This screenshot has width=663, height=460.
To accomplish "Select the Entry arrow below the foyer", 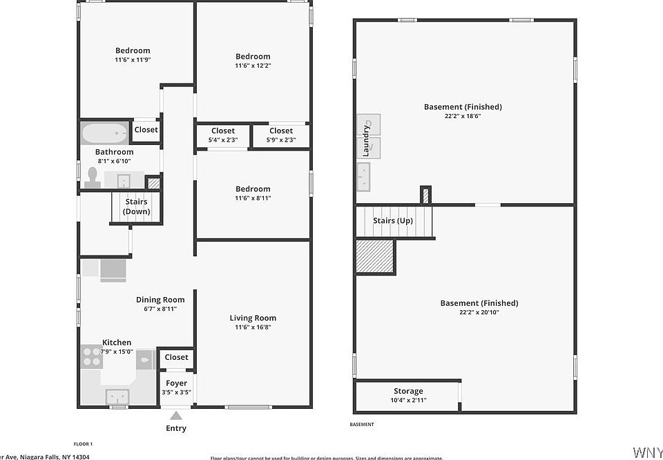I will [176, 416].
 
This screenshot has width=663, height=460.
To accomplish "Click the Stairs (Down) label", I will [136, 207].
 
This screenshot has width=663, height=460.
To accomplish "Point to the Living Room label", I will [253, 318].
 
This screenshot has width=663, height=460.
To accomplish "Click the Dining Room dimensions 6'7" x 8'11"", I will [160, 309].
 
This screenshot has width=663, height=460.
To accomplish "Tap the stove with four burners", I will [91, 356].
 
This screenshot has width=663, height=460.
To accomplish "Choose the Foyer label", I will [176, 383].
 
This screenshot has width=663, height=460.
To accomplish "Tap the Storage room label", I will [408, 392].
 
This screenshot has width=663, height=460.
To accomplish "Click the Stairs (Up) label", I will [394, 221].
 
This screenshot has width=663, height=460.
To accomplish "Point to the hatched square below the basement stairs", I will [375, 256].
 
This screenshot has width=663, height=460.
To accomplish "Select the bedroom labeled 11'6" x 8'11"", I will [253, 193].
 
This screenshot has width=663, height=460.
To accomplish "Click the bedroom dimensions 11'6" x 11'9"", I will [133, 60].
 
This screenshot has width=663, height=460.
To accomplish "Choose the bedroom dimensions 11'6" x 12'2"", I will [253, 66].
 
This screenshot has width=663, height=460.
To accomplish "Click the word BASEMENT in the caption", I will [362, 424].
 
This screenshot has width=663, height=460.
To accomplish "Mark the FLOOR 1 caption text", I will [83, 443].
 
